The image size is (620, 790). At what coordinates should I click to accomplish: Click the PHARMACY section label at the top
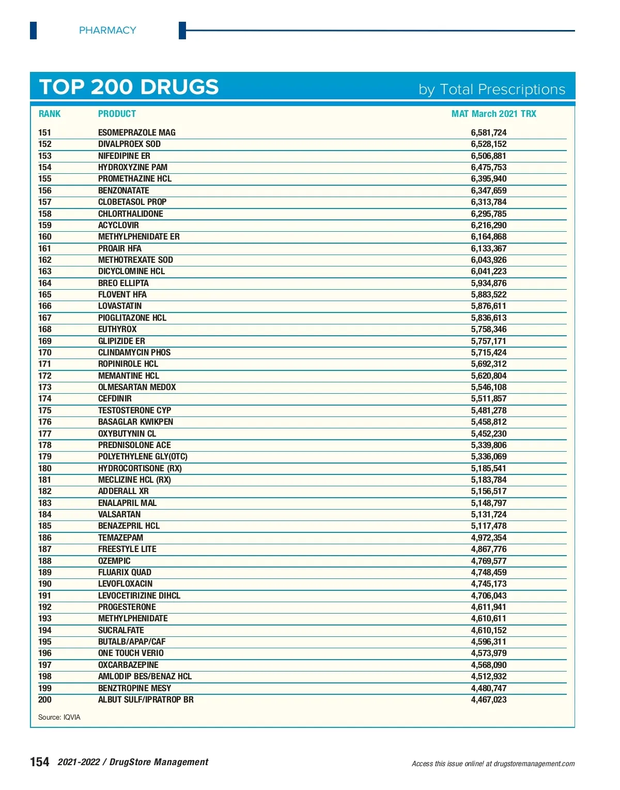[107, 31]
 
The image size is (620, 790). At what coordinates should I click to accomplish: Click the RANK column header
[50, 114]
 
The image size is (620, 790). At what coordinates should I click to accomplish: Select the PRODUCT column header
[117, 114]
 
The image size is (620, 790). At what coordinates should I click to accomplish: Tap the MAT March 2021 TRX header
[493, 114]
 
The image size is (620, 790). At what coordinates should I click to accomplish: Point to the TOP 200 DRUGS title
[129, 87]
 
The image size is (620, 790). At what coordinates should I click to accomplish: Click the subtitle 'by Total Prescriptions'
[492, 90]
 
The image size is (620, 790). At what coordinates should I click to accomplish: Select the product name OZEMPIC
[114, 561]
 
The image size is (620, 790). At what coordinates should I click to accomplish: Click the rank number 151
[45, 132]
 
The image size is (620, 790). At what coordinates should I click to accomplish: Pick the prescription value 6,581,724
[488, 132]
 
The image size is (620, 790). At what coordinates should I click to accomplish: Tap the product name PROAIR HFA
[120, 248]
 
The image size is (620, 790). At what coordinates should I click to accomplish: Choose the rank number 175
[45, 410]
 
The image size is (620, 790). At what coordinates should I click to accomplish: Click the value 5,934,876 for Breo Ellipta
[488, 283]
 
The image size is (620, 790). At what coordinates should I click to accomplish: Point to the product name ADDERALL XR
[123, 491]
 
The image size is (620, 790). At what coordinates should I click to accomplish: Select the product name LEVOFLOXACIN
[126, 584]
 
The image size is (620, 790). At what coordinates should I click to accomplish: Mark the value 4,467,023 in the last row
[488, 699]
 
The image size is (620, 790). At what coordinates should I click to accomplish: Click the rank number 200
[45, 699]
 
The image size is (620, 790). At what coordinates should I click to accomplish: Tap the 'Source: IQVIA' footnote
[59, 717]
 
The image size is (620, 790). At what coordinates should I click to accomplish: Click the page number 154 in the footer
[40, 762]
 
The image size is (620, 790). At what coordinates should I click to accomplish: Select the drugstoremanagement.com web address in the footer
[534, 764]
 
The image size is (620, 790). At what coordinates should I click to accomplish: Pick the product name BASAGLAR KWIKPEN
[136, 422]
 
